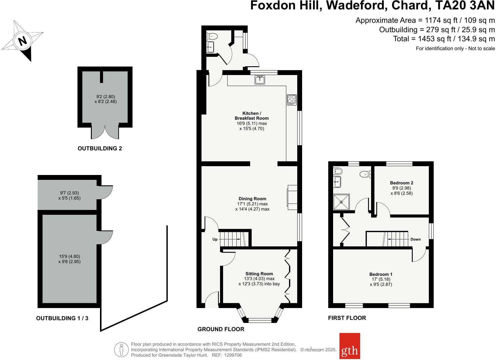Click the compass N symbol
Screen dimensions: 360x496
[22, 41]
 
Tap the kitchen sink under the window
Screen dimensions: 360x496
[260, 80]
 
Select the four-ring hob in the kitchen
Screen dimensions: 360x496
[291, 100]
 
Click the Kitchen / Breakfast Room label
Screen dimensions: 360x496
[251, 116]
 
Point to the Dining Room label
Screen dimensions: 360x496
[252, 199]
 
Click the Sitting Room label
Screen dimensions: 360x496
[259, 273]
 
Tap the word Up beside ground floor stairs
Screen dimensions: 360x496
[215, 239]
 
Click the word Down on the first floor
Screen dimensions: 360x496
[415, 239]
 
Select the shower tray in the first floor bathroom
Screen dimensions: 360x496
[342, 202]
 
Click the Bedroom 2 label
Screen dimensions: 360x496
[401, 183]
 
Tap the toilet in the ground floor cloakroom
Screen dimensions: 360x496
[212, 36]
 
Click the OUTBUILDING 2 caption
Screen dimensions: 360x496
[100, 149]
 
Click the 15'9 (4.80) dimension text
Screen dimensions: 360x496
[70, 256]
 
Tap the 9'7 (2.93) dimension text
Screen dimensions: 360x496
[69, 193]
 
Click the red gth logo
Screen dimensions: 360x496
[350, 346]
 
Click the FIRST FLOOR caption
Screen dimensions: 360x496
[347, 318]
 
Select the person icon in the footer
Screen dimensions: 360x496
[122, 350]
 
